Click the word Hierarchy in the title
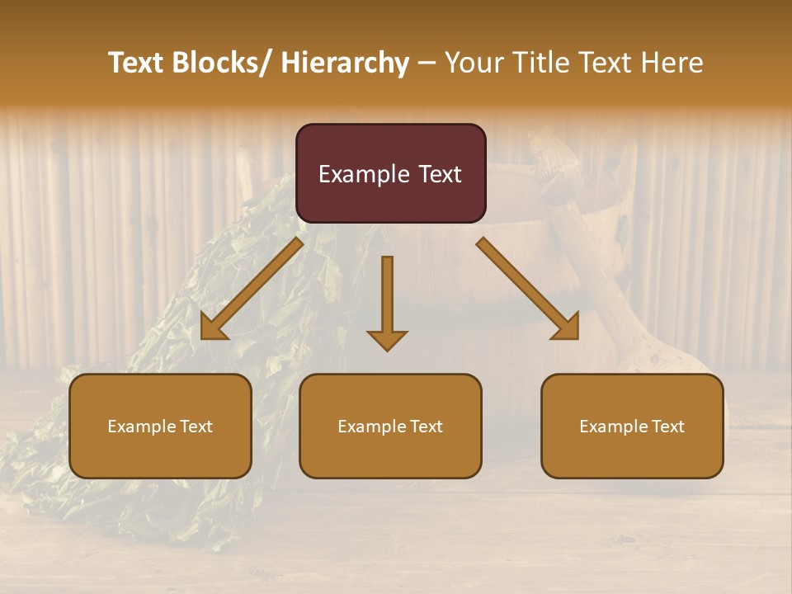coord(345,63)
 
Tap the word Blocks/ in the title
coord(218,63)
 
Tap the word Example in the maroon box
coord(363,175)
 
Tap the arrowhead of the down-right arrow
coord(568,329)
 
